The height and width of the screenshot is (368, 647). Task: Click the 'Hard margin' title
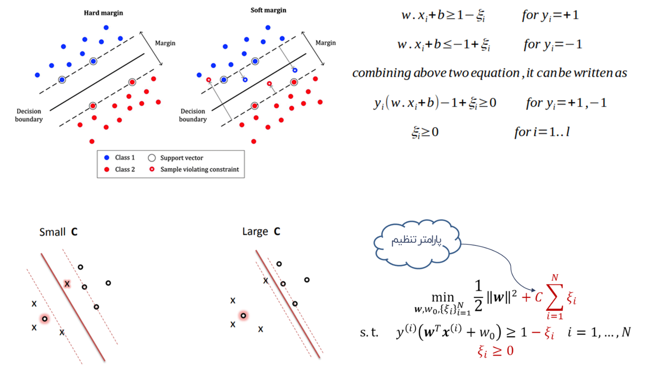(x=103, y=13)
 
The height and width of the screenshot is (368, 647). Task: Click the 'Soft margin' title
(x=268, y=10)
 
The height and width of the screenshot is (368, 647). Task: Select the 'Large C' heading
(x=262, y=232)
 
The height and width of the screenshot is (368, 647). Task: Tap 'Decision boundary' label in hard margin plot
(x=29, y=115)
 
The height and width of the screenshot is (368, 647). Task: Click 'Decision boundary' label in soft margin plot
(x=193, y=115)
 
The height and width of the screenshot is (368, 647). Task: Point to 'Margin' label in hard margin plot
(x=165, y=43)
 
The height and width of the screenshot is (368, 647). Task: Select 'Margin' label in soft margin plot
(x=326, y=43)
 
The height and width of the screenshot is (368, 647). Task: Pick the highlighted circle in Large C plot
(x=243, y=315)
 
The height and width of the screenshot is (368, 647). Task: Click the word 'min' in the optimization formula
(x=443, y=296)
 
